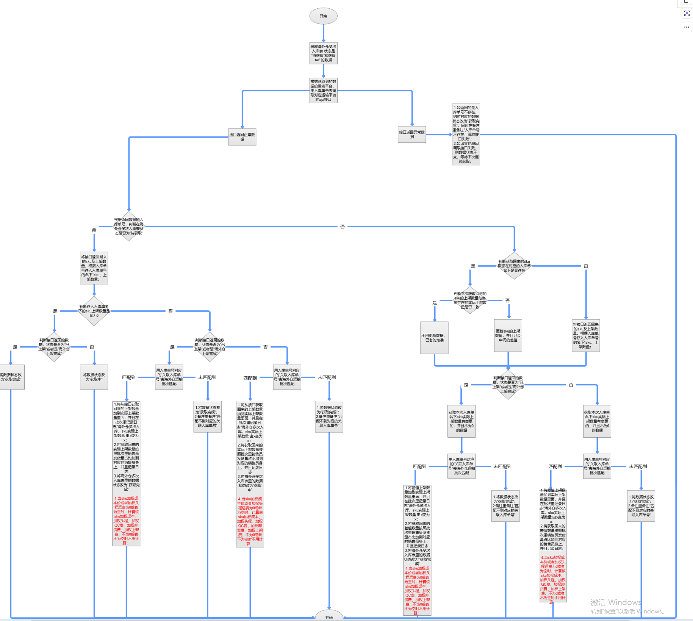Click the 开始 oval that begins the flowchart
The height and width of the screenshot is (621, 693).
click(323, 16)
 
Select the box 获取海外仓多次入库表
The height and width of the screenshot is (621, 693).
click(323, 53)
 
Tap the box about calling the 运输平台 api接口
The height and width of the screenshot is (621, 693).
click(323, 91)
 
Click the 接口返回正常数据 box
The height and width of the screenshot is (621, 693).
click(242, 137)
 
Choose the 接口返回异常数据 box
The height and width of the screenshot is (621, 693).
click(412, 135)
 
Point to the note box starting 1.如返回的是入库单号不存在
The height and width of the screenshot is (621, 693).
click(466, 135)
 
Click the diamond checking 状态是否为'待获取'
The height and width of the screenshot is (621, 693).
click(129, 227)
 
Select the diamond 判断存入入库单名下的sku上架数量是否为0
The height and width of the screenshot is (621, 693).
click(94, 311)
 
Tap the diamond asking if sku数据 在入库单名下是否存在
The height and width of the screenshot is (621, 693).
click(514, 266)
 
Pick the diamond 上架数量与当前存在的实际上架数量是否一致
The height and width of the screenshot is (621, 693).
click(470, 300)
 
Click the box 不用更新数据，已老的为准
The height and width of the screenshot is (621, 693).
click(434, 338)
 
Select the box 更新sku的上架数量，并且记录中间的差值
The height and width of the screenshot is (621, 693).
click(508, 336)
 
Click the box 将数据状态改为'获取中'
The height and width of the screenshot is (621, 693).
click(94, 377)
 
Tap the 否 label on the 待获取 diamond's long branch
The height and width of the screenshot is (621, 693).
click(342, 227)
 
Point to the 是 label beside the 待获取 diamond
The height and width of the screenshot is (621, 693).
click(94, 230)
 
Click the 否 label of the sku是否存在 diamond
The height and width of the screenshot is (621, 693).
click(586, 266)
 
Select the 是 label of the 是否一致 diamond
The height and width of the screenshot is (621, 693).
click(435, 303)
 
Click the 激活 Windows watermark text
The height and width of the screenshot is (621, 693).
click(616, 602)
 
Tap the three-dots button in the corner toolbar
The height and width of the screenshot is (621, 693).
click(687, 27)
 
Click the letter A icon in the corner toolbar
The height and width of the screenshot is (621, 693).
click(687, 13)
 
